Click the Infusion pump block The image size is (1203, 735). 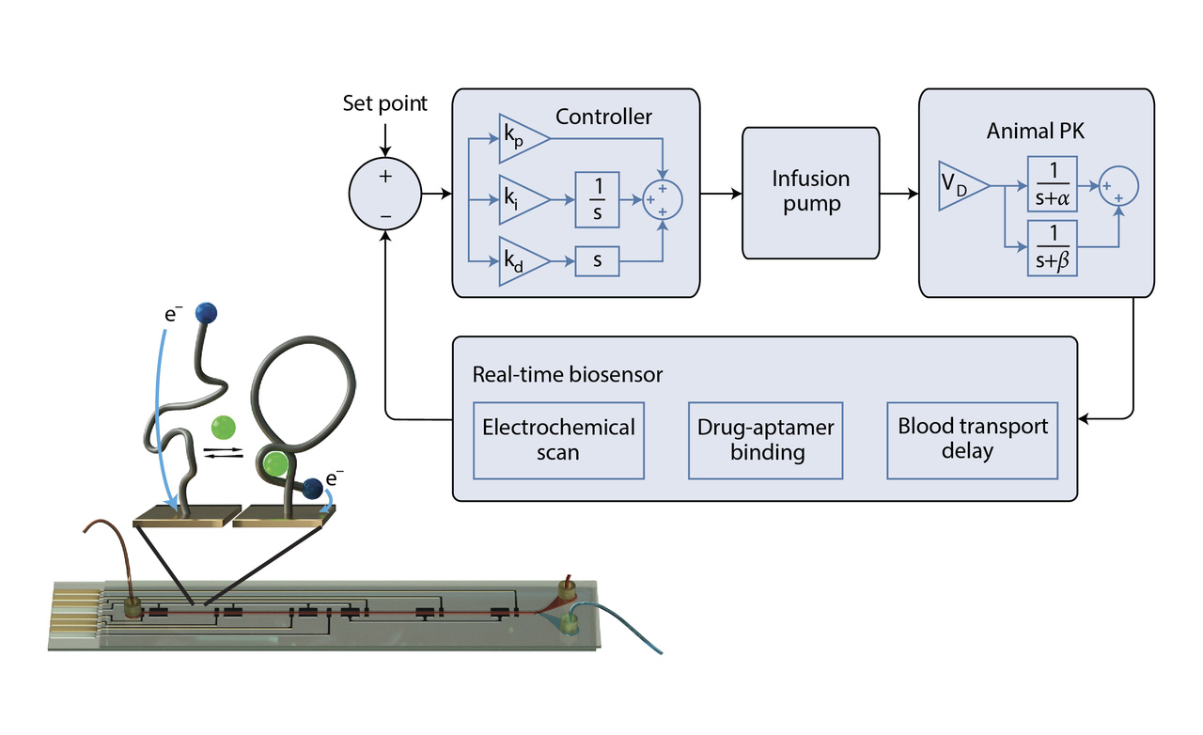pyautogui.click(x=810, y=193)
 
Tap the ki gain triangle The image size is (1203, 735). pyautogui.click(x=521, y=199)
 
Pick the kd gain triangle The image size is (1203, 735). pyautogui.click(x=521, y=260)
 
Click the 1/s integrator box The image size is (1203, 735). pyautogui.click(x=598, y=199)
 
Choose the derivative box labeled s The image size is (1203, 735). pyautogui.click(x=598, y=260)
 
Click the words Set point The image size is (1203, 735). pyautogui.click(x=384, y=103)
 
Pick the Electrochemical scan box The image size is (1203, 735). pyautogui.click(x=558, y=439)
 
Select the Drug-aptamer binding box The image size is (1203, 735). pyautogui.click(x=765, y=439)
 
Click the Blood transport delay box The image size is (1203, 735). pyautogui.click(x=973, y=439)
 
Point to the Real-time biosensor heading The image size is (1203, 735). pyautogui.click(x=567, y=374)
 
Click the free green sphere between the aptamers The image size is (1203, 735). pyautogui.click(x=223, y=428)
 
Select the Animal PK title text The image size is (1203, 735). pyautogui.click(x=1035, y=131)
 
